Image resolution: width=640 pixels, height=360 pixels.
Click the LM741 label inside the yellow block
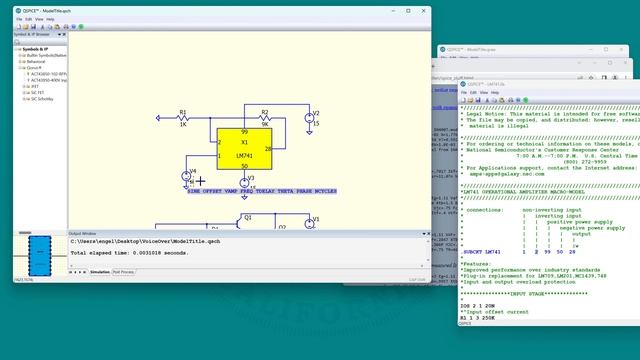[244, 155]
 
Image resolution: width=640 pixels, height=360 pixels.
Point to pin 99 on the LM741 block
[244, 132]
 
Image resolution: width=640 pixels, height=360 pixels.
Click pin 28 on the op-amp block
[268, 148]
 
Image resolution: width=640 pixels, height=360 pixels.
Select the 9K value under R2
[265, 125]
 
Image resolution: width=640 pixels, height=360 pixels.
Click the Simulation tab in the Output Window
[100, 271]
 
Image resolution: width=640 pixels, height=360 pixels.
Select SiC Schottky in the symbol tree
[43, 99]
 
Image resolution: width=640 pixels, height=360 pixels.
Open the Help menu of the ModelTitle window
[50, 18]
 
